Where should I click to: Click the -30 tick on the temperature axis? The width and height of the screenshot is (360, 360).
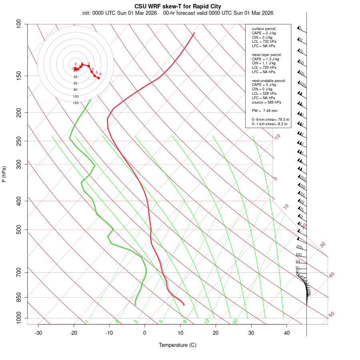pyautogui.click(x=38, y=333)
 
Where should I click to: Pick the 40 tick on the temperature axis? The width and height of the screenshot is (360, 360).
pyautogui.click(x=287, y=333)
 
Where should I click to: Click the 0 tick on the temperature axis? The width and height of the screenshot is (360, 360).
pyautogui.click(x=145, y=333)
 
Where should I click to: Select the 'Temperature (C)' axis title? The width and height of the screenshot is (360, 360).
pyautogui.click(x=178, y=345)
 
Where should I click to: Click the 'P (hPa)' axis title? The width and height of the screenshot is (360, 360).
pyautogui.click(x=4, y=174)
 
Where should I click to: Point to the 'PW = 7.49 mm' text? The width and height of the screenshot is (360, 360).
pyautogui.click(x=264, y=111)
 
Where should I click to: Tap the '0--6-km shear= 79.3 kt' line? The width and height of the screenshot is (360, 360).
pyautogui.click(x=270, y=120)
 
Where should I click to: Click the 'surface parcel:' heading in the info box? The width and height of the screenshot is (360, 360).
pyautogui.click(x=264, y=29)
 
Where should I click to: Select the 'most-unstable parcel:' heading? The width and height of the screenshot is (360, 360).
pyautogui.click(x=269, y=80)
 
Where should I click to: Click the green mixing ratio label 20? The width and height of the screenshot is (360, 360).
pyautogui.click(x=235, y=321)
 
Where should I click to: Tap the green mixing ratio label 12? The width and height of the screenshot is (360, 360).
pyautogui.click(x=206, y=321)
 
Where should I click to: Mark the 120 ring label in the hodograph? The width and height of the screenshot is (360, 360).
pyautogui.click(x=76, y=103)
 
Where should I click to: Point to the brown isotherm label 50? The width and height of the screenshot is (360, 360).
pyautogui.click(x=331, y=315)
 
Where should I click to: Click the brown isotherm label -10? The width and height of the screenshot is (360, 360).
pyautogui.click(x=276, y=137)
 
